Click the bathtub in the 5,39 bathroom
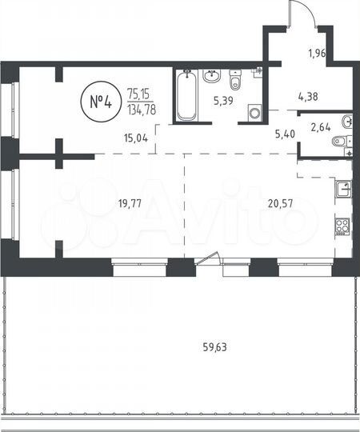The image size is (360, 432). click(x=186, y=96)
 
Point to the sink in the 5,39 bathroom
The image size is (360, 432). click(x=211, y=77)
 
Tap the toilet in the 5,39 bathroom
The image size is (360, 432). click(x=235, y=82)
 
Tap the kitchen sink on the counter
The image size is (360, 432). click(x=342, y=189)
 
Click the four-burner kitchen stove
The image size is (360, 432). click(x=342, y=226)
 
